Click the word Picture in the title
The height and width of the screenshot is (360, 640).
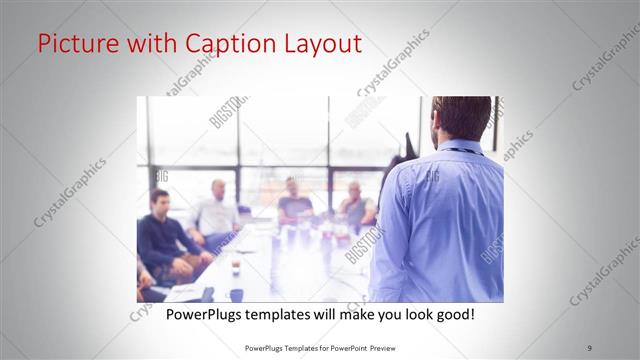[74, 43]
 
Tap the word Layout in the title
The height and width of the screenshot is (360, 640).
[318, 43]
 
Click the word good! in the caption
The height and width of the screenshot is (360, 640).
[451, 315]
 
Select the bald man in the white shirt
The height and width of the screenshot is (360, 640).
[217, 210]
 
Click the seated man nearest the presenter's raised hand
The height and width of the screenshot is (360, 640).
[355, 204]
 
